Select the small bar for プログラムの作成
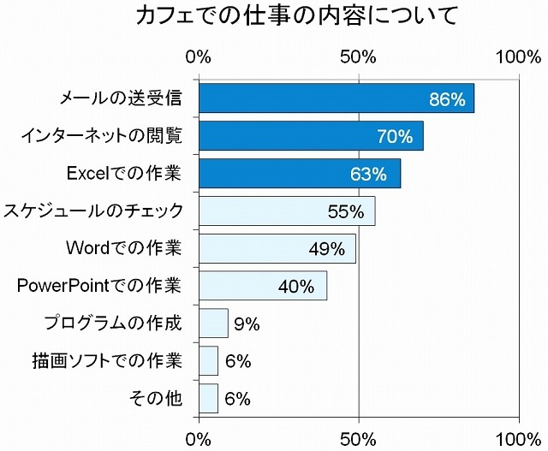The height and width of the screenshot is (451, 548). click(x=213, y=323)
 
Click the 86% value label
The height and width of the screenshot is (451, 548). click(x=447, y=99)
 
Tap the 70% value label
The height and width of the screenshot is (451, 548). click(x=395, y=137)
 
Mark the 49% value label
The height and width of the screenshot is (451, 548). click(x=326, y=249)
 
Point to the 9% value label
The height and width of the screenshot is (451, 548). click(x=247, y=323)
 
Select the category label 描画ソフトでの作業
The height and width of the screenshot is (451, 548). click(x=105, y=361)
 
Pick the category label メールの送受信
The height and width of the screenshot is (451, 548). click(x=121, y=98)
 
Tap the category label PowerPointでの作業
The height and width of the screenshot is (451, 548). click(x=99, y=286)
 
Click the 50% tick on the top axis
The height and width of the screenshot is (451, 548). click(x=359, y=57)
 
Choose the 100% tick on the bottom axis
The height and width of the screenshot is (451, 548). click(x=518, y=439)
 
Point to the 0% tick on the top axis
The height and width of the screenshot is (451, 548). click(x=199, y=57)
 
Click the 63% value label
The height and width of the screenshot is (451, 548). click(x=368, y=175)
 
